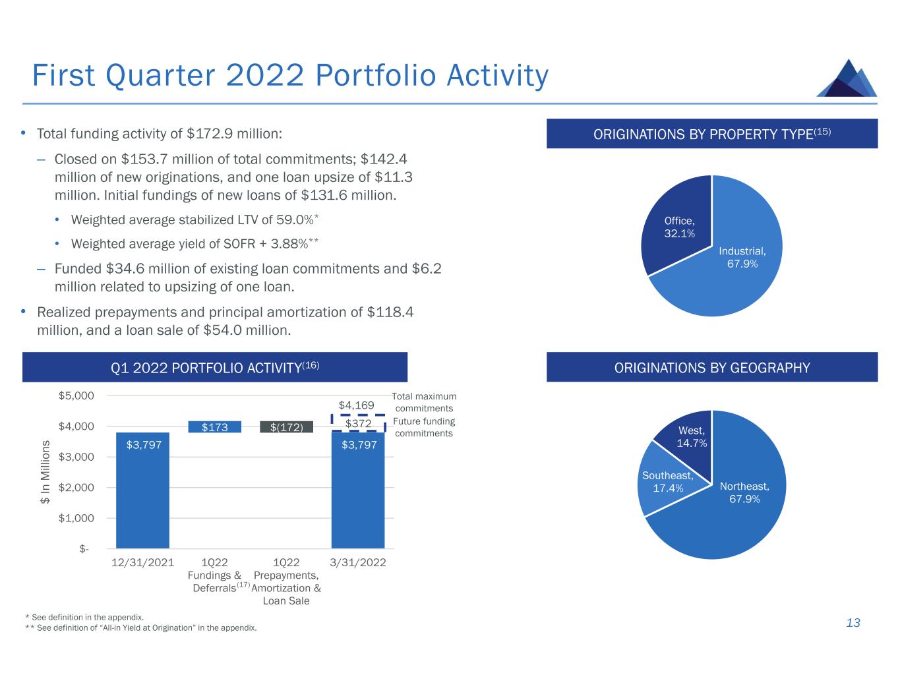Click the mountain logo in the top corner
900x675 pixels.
[x=847, y=78]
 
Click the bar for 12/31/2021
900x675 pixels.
[x=142, y=490]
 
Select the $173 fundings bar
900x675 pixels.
[x=215, y=427]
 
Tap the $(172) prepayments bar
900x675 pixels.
[x=286, y=427]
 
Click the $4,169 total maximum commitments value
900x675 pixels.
[x=357, y=405]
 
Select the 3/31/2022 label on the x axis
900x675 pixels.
[x=357, y=562]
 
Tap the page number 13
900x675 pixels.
[x=853, y=623]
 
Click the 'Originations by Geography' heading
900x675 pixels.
[x=712, y=368]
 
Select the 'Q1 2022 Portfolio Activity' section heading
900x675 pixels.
[x=215, y=368]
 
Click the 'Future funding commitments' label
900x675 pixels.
[x=424, y=427]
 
